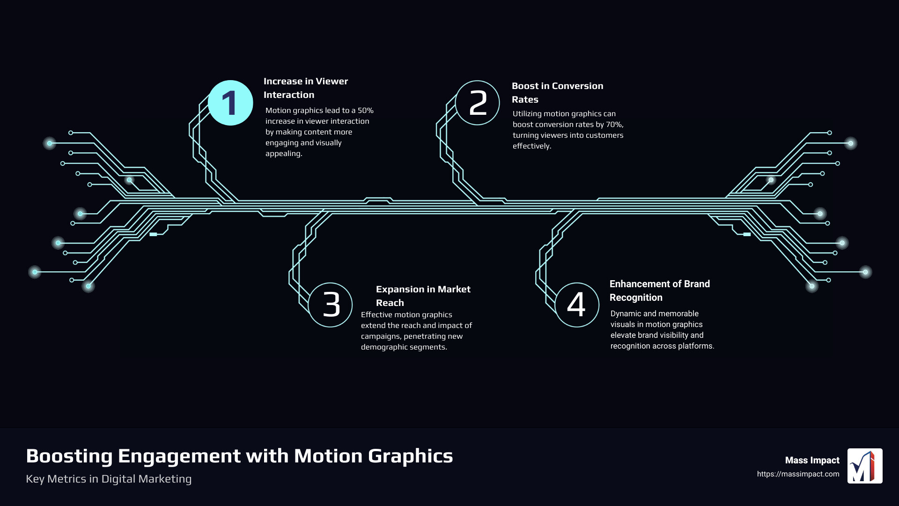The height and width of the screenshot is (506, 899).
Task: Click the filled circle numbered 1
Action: [230, 103]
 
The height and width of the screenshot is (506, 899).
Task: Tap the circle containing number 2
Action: [478, 103]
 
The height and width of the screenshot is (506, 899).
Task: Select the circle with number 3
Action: [331, 305]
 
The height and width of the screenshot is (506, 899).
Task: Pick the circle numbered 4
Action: [577, 305]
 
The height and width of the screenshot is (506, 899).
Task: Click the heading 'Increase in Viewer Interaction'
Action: [305, 88]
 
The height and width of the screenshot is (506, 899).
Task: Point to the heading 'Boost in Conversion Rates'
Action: [557, 93]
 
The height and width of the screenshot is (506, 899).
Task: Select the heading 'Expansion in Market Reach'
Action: [423, 296]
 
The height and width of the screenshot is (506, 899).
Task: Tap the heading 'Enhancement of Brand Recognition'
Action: [659, 290]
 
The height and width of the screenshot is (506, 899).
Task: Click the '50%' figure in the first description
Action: [366, 111]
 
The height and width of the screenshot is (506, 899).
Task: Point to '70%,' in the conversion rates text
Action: [615, 125]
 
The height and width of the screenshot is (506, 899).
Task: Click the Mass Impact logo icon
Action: [865, 466]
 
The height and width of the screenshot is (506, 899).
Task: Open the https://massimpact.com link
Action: [798, 474]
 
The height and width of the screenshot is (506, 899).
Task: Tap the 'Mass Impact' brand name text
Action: [812, 461]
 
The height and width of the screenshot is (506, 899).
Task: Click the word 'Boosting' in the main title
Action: [69, 456]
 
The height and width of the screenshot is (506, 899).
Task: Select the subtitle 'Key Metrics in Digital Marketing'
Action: [109, 479]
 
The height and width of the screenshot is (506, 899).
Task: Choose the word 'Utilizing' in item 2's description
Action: [527, 114]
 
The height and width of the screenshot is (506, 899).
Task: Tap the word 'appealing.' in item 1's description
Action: [284, 154]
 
